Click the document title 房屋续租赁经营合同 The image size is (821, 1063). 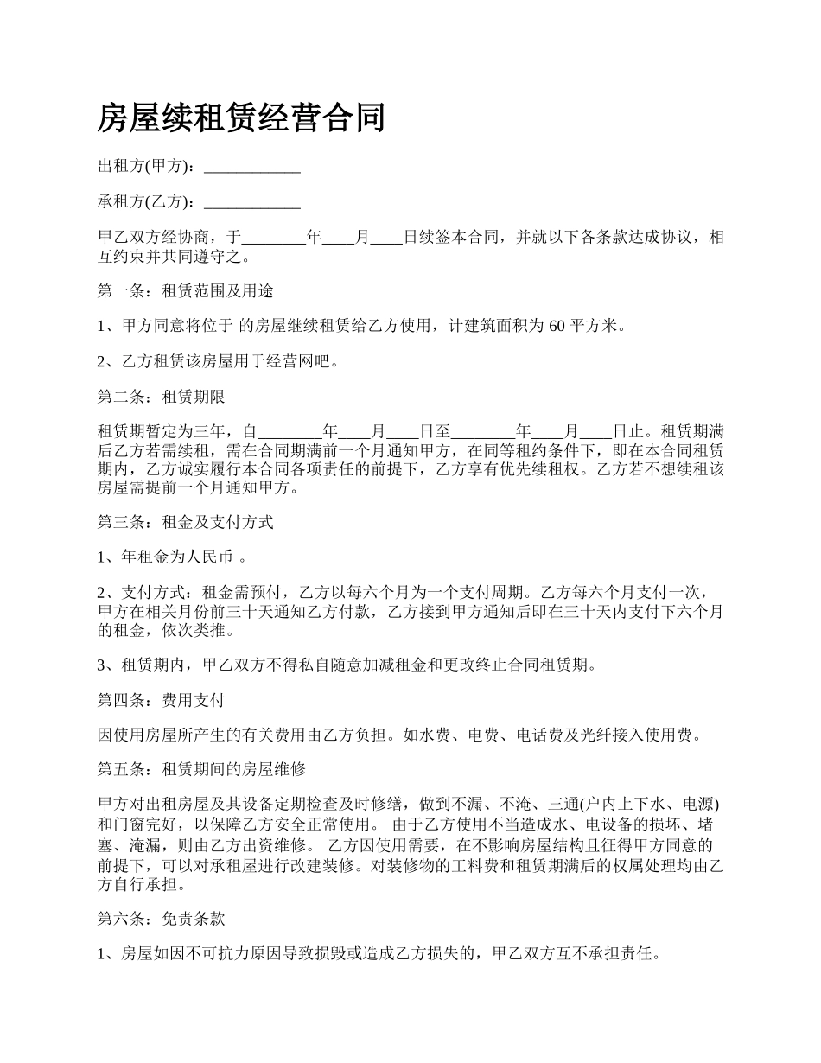(x=241, y=118)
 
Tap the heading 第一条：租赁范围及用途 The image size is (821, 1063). (x=186, y=290)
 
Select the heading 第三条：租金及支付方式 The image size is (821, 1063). (x=186, y=521)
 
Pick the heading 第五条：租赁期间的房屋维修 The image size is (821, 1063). (x=201, y=769)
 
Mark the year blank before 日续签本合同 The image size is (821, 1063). (x=273, y=237)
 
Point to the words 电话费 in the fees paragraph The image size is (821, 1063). (x=539, y=735)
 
